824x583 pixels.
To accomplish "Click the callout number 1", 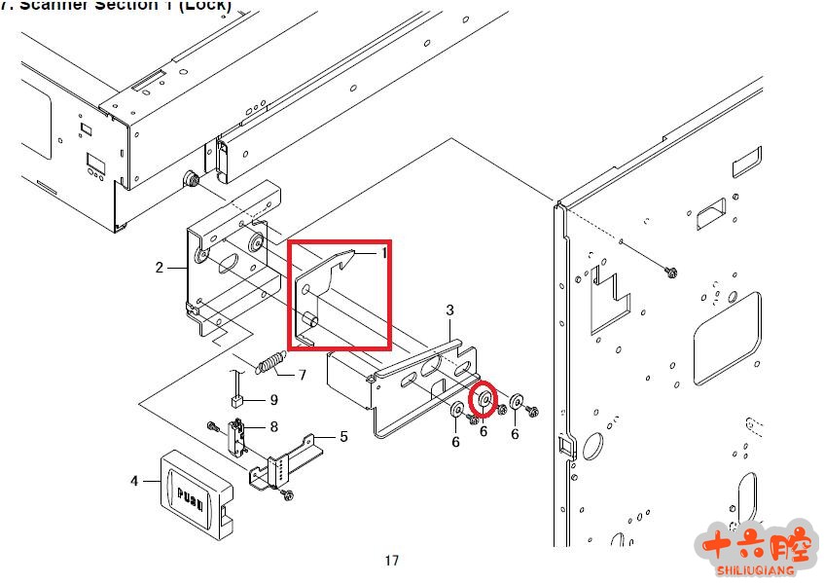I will point(383,252).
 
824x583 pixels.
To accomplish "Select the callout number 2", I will point(160,267).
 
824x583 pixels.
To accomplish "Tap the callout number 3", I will point(449,310).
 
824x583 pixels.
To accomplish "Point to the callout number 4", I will point(133,480).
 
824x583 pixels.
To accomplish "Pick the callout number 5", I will point(343,437).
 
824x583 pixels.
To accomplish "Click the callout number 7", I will point(302,375).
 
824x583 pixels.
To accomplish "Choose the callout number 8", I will point(274,425).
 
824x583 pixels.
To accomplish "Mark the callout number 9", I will point(273,399).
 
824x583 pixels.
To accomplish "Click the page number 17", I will point(391,560).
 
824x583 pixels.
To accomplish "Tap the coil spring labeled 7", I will point(268,364).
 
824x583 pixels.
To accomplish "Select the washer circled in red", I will point(484,399).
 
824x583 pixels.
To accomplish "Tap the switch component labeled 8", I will point(236,434).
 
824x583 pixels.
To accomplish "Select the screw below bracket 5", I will point(287,495).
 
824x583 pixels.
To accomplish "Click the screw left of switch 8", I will point(212,424).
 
